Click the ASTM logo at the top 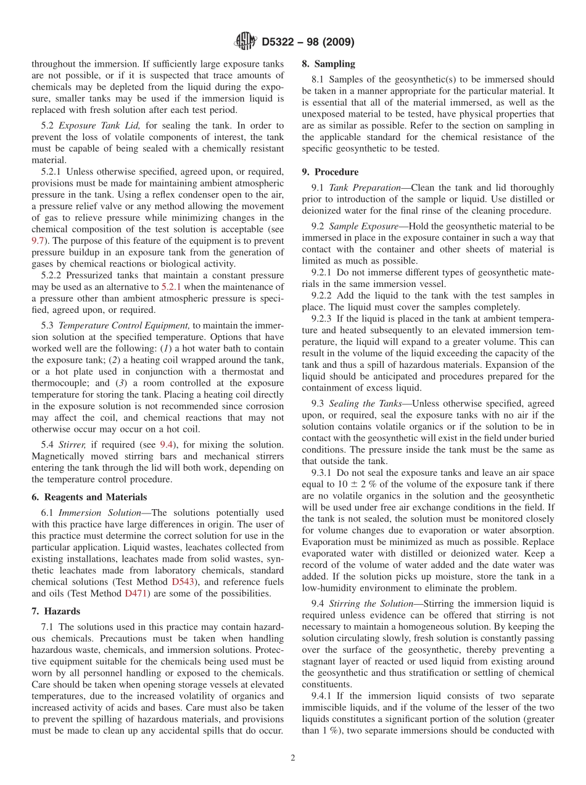246,42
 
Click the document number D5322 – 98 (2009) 307,42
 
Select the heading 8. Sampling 328,64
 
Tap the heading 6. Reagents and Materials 89,497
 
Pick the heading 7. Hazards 56,611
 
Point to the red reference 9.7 38,241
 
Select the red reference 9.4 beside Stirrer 167,444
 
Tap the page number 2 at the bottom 293,758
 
